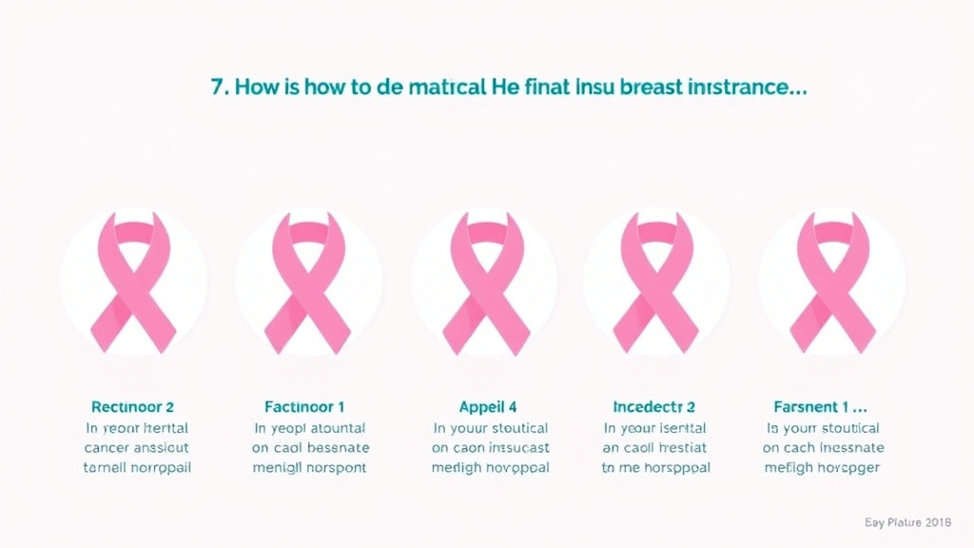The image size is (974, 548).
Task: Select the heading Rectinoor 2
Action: [x=133, y=407]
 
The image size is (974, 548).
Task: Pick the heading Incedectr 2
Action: [x=655, y=407]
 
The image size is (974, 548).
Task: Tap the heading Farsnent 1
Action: [x=818, y=407]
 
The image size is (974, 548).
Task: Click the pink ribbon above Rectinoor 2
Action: [x=133, y=281]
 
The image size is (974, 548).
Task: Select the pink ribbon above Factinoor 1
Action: [x=308, y=281]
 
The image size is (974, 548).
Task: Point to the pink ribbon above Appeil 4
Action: [x=485, y=281]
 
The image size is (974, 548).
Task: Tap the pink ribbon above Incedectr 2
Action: [x=656, y=281]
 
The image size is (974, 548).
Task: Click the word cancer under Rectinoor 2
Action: [x=107, y=447]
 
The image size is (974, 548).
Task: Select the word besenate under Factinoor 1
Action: [x=335, y=447]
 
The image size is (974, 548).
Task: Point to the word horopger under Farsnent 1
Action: [x=847, y=467]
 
